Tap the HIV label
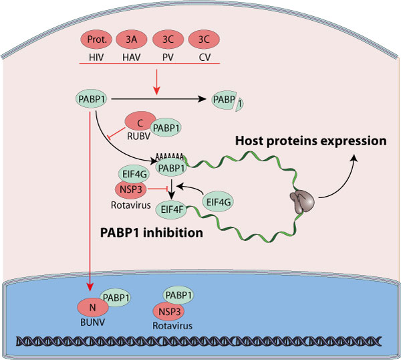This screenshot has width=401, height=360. click(x=96, y=57)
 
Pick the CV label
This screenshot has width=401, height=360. click(x=201, y=57)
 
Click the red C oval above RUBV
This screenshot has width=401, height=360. click(x=140, y=120)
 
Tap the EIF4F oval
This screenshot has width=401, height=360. click(x=172, y=210)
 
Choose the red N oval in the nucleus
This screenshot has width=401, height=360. click(x=94, y=308)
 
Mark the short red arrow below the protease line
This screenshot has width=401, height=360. click(x=175, y=80)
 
